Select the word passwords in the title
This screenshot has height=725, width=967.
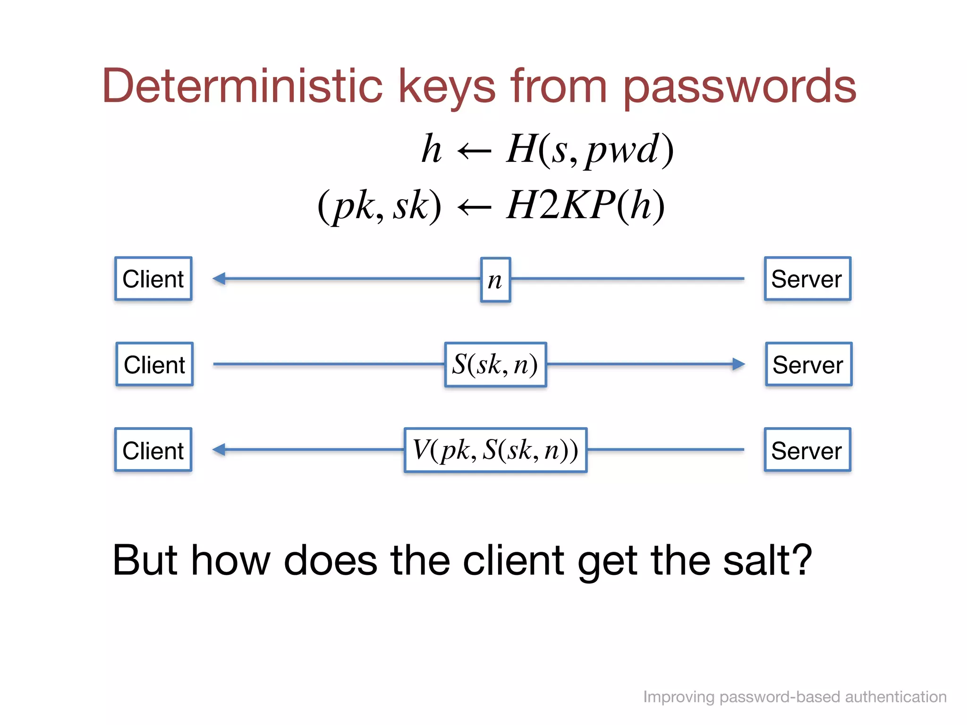pyautogui.click(x=739, y=87)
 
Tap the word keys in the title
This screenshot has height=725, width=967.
pyautogui.click(x=448, y=87)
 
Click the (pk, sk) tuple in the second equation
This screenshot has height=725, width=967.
pyautogui.click(x=380, y=206)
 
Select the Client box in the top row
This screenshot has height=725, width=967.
pyautogui.click(x=153, y=279)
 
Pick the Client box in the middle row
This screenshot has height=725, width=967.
pyautogui.click(x=154, y=364)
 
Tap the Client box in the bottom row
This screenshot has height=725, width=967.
pyautogui.click(x=153, y=450)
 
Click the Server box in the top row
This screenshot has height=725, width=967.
pyautogui.click(x=807, y=279)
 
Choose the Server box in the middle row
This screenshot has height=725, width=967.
pyautogui.click(x=808, y=364)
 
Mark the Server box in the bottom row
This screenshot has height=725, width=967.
pyautogui.click(x=807, y=450)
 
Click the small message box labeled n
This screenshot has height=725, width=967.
pyautogui.click(x=495, y=280)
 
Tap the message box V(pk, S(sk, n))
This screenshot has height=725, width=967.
pyautogui.click(x=495, y=450)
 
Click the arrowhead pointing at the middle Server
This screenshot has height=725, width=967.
pyautogui.click(x=738, y=364)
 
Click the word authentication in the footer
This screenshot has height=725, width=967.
pyautogui.click(x=895, y=697)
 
